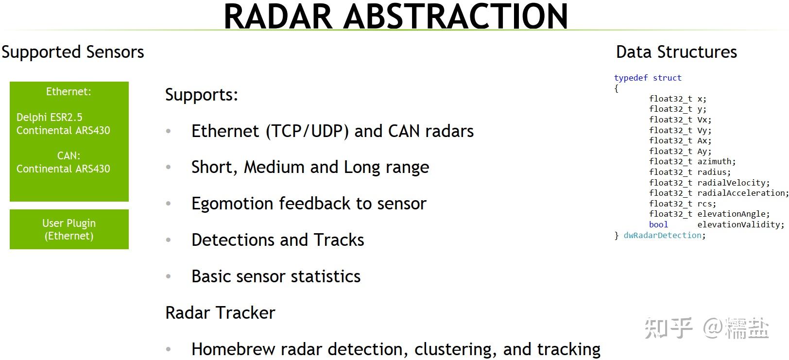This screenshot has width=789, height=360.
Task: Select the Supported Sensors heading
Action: coord(73,52)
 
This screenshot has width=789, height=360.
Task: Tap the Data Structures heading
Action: coord(676,52)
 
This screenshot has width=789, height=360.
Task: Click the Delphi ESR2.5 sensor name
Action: coord(50,117)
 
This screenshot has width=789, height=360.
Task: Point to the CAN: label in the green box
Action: coord(69,155)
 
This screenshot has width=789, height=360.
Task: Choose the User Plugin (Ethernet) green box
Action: coord(69,229)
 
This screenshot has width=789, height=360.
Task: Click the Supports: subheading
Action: coord(202,95)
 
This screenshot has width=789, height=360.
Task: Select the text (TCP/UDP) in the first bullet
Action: coord(307,131)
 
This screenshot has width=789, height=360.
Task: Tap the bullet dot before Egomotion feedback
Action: coord(169,203)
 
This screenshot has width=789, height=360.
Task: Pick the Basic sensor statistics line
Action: coord(276,276)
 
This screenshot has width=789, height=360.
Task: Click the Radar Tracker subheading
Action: coord(220,313)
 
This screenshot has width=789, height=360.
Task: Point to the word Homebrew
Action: coord(233,349)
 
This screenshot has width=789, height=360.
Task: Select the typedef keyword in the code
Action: coord(631,78)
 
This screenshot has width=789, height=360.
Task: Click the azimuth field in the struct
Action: coord(715,161)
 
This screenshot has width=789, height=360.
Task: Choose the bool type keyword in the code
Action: coord(658,224)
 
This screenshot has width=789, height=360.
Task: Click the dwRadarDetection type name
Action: coord(662,235)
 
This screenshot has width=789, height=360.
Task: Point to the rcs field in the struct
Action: coord(704,204)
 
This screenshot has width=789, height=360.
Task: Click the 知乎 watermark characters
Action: coord(668,328)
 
